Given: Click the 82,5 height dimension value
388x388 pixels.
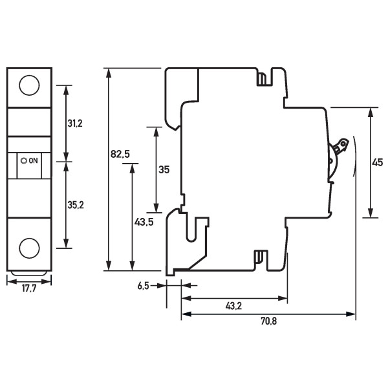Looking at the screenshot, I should pyautogui.click(x=120, y=154).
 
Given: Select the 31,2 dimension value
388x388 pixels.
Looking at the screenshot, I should pyautogui.click(x=76, y=123).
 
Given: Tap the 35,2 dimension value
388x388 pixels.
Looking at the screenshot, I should pyautogui.click(x=76, y=205).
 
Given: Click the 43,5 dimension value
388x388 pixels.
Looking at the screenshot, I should pyautogui.click(x=144, y=222).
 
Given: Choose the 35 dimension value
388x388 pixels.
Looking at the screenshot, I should pyautogui.click(x=164, y=169).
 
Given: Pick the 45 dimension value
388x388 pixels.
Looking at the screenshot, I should pyautogui.click(x=377, y=163).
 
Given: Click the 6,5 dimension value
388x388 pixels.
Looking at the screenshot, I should pyautogui.click(x=144, y=286).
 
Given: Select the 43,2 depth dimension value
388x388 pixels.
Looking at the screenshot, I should pyautogui.click(x=233, y=305).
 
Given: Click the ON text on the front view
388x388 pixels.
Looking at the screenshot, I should pyautogui.click(x=34, y=160).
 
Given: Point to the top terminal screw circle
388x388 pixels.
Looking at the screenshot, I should pyautogui.click(x=28, y=85).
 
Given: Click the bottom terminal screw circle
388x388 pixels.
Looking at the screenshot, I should pyautogui.click(x=28, y=248).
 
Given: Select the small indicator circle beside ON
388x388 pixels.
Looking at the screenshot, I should pyautogui.click(x=25, y=160).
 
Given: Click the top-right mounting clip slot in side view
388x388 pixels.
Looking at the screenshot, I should pyautogui.click(x=263, y=79).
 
